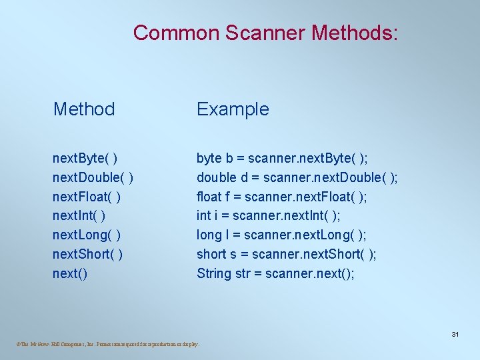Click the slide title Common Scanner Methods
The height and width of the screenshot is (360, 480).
pos(265,32)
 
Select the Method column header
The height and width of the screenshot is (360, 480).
pos(84,109)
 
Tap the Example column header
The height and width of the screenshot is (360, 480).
pos(233,109)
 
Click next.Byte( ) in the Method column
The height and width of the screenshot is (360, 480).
pos(86,158)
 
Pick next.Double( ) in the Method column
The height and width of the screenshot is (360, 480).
pos(93,177)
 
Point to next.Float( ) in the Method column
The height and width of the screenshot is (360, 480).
pos(87,197)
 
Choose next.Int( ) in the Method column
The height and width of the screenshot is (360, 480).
pos(79,216)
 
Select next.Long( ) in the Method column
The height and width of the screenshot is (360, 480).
pos(87,235)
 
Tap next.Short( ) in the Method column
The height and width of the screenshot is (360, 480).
pos(87,254)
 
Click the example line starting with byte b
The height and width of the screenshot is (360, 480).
pos(282,158)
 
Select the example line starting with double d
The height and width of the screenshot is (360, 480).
pos(297,177)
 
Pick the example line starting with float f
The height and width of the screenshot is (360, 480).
pos(282,197)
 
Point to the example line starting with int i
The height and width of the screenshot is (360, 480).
pos(268,216)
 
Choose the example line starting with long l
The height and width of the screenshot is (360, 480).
pos(281,235)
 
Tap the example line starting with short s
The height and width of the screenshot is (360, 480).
pos(287,254)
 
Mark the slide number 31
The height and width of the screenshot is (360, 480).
pos(455,334)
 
